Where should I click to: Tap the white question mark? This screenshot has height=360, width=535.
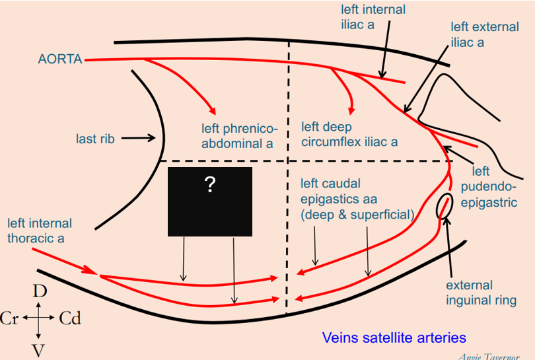click(x=210, y=186)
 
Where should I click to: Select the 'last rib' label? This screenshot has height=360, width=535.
click(x=95, y=139)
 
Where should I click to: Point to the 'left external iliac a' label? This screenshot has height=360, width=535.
click(x=477, y=34)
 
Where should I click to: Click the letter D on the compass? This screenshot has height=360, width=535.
click(x=40, y=291)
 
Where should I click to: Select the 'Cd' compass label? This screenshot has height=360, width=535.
click(x=70, y=320)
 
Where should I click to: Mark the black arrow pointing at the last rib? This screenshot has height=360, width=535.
click(x=137, y=139)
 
